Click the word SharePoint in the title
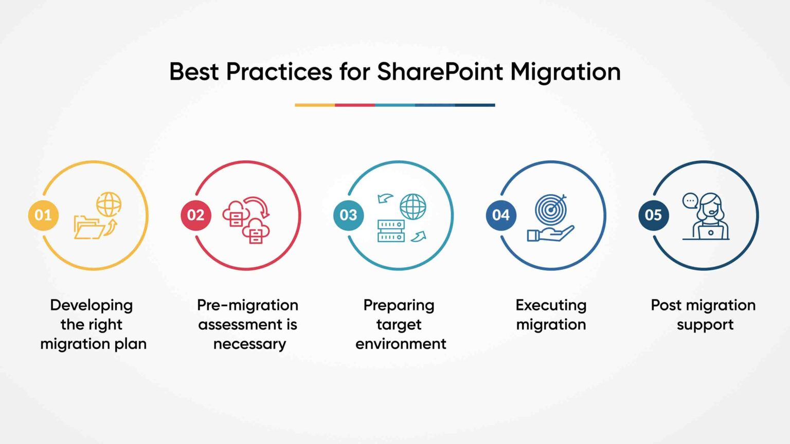440,71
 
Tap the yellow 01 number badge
43,215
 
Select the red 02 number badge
196,215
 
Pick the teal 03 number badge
348,215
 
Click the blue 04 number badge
501,215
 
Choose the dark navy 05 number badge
653,215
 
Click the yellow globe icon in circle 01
109,204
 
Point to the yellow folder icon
88,227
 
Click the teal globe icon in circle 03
413,207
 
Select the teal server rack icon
391,231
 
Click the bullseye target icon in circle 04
550,209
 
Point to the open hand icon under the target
549,234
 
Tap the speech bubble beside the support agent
690,200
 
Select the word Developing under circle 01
91,305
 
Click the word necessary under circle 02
249,344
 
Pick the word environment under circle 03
401,344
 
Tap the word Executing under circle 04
551,305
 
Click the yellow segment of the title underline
314,105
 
